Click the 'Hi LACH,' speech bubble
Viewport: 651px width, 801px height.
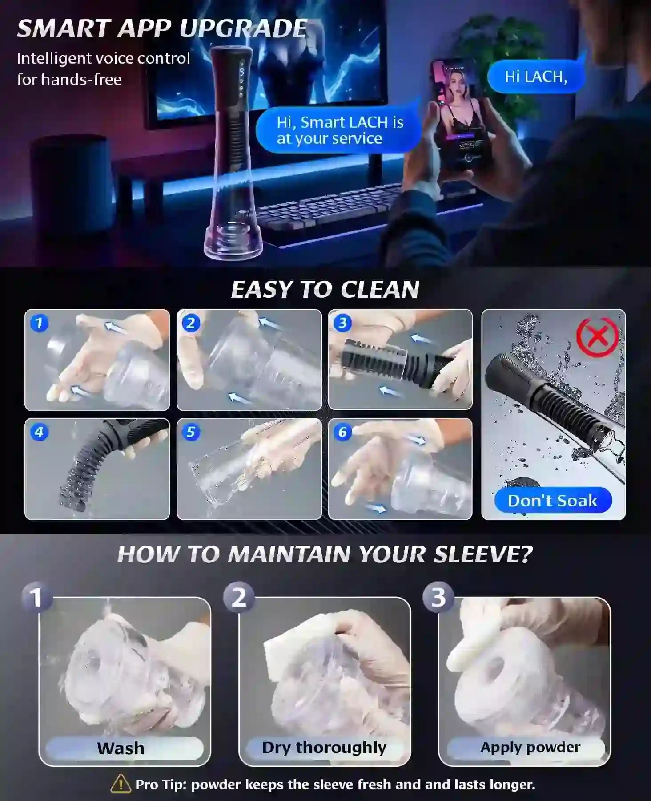[x=536, y=77]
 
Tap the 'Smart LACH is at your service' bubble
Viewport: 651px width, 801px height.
[x=339, y=130]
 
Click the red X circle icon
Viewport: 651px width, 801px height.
[x=597, y=337]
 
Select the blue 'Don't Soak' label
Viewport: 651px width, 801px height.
[x=553, y=501]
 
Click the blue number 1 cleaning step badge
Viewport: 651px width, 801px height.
[x=39, y=323]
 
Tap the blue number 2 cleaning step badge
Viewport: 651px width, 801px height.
[x=191, y=323]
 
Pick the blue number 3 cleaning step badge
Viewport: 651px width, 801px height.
[x=342, y=323]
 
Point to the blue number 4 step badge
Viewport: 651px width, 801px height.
[x=39, y=432]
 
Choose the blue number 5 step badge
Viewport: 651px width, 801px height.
[x=191, y=432]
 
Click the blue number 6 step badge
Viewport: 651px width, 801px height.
[x=342, y=432]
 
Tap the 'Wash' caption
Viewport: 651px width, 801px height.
[x=121, y=748]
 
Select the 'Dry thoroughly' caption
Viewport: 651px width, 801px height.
[x=324, y=748]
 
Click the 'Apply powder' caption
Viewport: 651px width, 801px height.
[x=530, y=747]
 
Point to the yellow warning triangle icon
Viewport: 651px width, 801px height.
[x=121, y=784]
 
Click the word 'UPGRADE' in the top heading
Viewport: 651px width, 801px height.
[x=243, y=29]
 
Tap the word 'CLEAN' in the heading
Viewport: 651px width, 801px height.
[x=380, y=289]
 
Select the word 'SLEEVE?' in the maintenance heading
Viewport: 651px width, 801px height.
[x=483, y=554]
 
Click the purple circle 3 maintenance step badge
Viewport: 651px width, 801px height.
[x=438, y=597]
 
